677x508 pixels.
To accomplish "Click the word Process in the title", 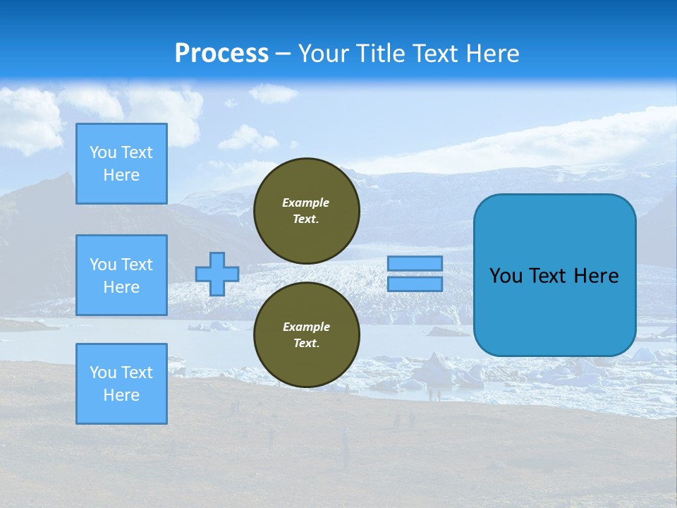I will pos(221,54).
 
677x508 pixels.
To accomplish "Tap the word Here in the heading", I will pos(491,54).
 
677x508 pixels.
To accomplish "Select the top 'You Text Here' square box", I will pos(121,164).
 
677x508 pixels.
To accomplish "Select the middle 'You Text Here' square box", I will pos(121,275).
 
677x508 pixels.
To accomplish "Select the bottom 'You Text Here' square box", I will pos(121,384).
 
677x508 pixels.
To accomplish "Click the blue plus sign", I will pos(217,274).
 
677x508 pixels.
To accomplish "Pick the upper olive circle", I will pos(307,211).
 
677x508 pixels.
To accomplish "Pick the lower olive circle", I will pos(307,335).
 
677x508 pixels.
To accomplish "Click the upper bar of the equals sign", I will pos(415,263).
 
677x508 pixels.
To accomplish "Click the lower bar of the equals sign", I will pos(415,284).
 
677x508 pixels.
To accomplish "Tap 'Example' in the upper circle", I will pos(306,202).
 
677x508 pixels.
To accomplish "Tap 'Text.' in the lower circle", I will pos(306,344).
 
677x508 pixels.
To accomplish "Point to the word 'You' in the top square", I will pos(102,152).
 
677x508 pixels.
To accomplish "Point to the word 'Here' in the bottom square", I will pos(121,395).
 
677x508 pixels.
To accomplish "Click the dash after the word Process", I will pos(283,54).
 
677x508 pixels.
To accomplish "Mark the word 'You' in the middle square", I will pos(102,265).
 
